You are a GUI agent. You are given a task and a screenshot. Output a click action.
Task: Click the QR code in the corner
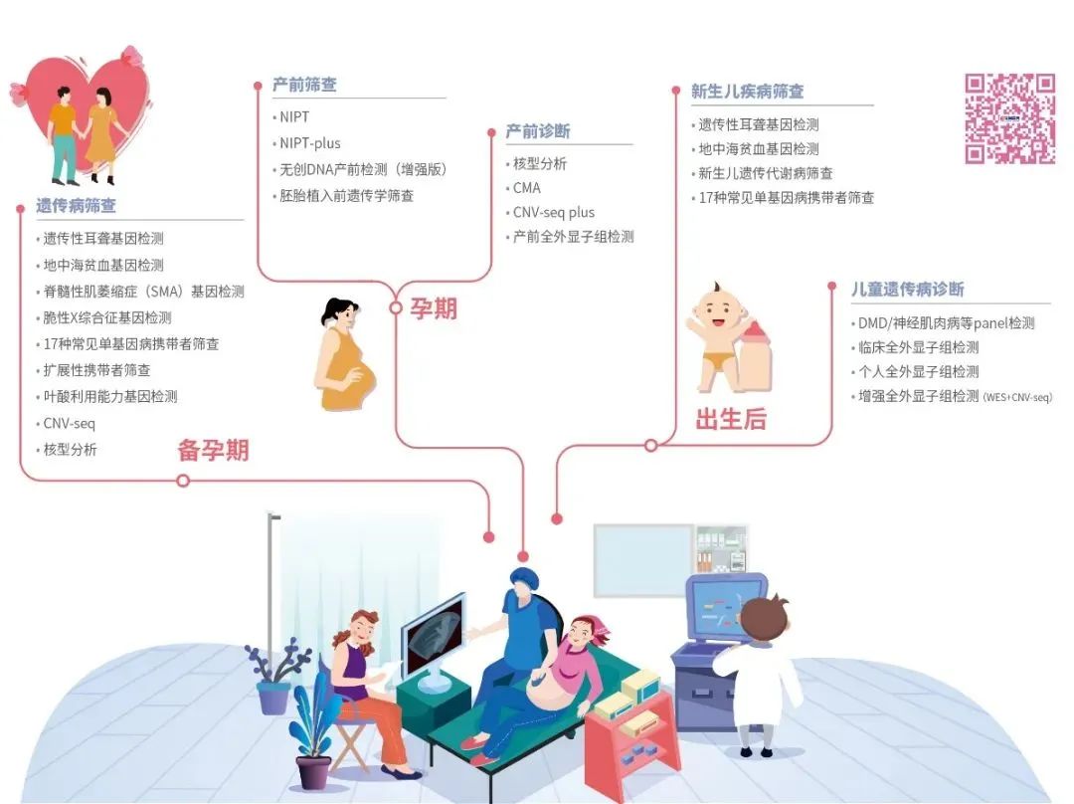[x=1009, y=118]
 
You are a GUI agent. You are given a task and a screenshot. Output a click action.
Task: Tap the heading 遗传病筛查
[x=77, y=206]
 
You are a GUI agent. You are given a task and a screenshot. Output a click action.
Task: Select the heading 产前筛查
[x=304, y=85]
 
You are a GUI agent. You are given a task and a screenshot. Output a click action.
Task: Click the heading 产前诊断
[x=538, y=131]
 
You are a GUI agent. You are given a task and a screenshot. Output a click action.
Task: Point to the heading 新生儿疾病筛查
[x=747, y=91]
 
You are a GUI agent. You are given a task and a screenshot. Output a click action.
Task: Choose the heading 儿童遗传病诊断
[x=907, y=290]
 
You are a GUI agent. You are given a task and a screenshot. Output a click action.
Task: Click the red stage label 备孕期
[x=213, y=451]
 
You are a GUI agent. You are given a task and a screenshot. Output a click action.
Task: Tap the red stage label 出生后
[x=731, y=420]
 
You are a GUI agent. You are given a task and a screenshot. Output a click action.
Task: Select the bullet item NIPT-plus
[x=310, y=143]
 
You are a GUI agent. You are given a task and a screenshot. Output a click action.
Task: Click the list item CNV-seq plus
[x=553, y=212]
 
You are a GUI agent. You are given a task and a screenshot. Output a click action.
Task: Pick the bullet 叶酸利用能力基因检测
[x=110, y=396]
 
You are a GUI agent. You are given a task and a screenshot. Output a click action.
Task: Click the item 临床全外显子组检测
[x=918, y=347]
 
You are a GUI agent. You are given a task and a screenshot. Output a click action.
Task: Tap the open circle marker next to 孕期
[x=396, y=308]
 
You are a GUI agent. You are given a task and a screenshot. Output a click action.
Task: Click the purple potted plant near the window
[x=272, y=677]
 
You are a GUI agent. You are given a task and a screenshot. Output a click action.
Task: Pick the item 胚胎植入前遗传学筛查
[x=346, y=196]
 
